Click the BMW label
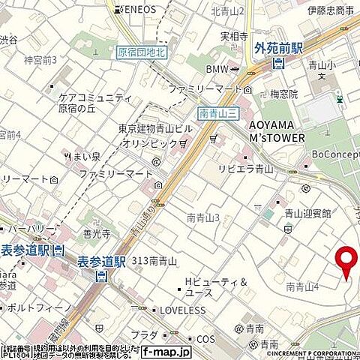217,68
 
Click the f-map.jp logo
166,350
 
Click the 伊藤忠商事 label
331,10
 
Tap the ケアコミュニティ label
94,97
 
